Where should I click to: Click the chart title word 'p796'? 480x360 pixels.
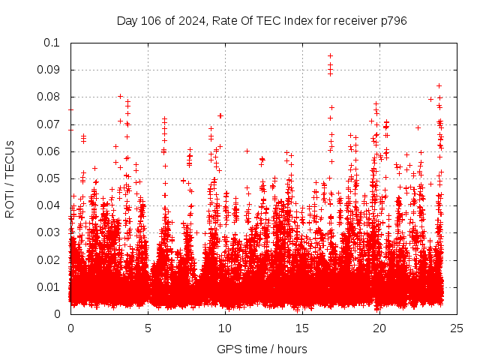tap(391, 20)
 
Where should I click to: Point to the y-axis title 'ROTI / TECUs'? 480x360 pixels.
tap(10, 178)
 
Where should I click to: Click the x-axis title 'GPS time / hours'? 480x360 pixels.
tap(262, 349)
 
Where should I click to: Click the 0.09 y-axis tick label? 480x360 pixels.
tap(50, 70)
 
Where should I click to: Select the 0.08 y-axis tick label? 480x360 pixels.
tap(50, 97)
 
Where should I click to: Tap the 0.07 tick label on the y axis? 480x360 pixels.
tap(50, 124)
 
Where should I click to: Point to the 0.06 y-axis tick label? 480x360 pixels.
tap(50, 151)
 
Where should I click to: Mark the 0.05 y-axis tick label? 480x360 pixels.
tap(50, 178)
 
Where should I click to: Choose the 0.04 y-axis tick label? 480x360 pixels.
tap(50, 205)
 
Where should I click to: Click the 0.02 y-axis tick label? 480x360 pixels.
tap(50, 259)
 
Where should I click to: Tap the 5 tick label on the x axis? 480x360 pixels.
tap(148, 328)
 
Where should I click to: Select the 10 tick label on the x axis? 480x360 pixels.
tap(225, 328)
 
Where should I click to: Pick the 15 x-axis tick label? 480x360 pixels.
tap(302, 328)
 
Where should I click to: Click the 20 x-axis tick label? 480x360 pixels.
tap(379, 328)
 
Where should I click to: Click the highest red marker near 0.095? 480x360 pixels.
tap(330, 55)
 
